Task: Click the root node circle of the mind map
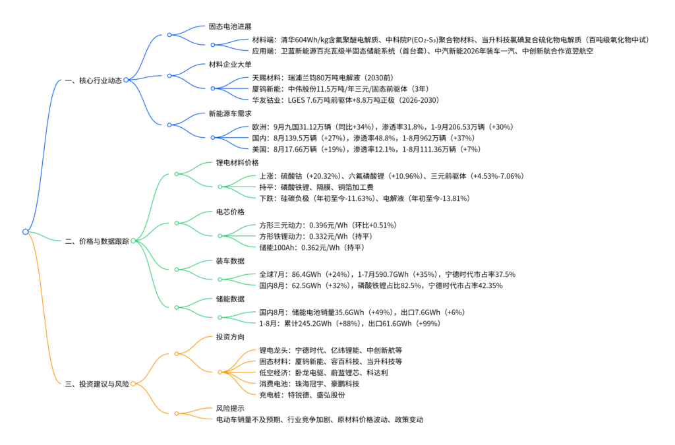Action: pyautogui.click(x=25, y=231)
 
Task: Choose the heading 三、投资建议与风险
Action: pyautogui.click(x=97, y=384)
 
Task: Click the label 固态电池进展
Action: pyautogui.click(x=230, y=27)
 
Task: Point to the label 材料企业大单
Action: pyautogui.click(x=230, y=65)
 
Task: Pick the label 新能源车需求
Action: pyautogui.click(x=230, y=113)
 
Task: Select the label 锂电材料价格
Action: pyautogui.click(x=237, y=162)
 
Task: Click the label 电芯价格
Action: pyautogui.click(x=230, y=212)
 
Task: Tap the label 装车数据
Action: pyautogui.click(x=230, y=260)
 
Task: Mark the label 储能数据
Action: pyautogui.click(x=230, y=299)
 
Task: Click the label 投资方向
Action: pyautogui.click(x=230, y=337)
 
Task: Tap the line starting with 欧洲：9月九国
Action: pyautogui.click(x=382, y=127)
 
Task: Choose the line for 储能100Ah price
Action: pyautogui.click(x=312, y=247)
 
